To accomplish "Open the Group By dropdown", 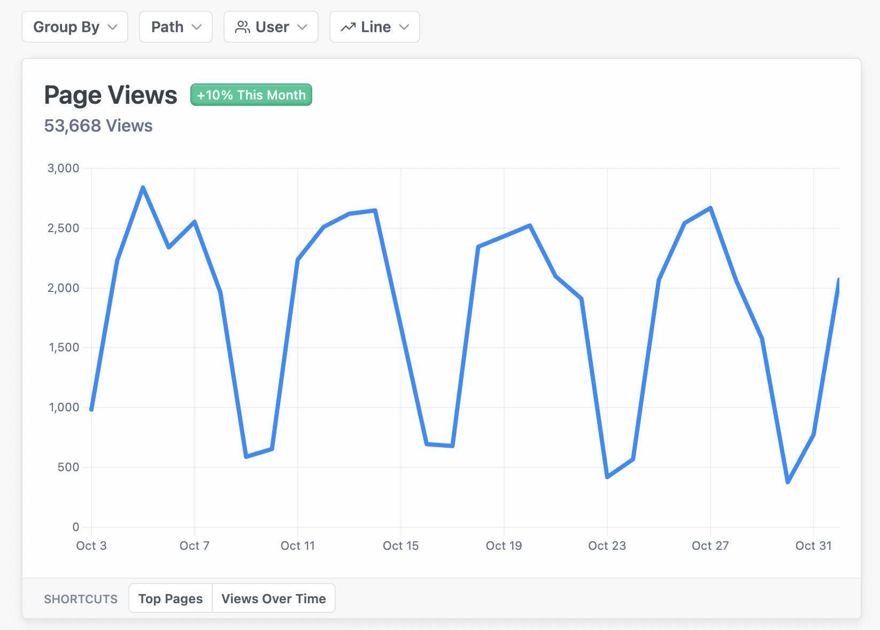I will pos(75,27).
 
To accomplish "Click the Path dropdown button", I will pos(176,27).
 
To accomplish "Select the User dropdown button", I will pos(271,27).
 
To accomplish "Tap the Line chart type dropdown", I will pos(375,27).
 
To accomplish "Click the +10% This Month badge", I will pos(251,95).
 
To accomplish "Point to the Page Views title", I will pos(111,95).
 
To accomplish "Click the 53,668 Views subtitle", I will pos(98,126).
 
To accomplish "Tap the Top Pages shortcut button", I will pos(171,598).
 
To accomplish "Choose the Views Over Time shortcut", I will pos(274,598).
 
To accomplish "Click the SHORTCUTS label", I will pos(81,599).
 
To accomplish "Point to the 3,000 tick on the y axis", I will pos(63,168).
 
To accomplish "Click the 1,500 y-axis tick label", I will pos(64,348).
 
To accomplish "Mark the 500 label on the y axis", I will pos(68,467).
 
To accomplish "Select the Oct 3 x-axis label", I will pos(91,546).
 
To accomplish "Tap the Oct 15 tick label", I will pos(401,546).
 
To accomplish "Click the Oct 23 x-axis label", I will pos(607,546).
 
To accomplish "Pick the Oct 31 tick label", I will pos(813,546).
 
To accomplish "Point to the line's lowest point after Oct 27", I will pos(788,482).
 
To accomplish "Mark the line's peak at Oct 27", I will pos(710,208).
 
